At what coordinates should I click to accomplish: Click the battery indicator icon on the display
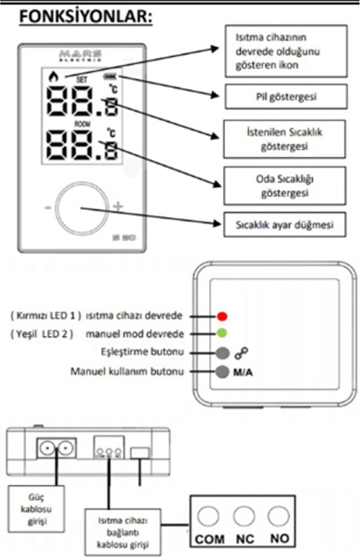click(110, 77)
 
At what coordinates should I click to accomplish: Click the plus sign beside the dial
click(118, 206)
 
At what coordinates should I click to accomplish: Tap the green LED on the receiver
click(222, 334)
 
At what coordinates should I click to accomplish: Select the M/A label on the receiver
click(243, 372)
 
